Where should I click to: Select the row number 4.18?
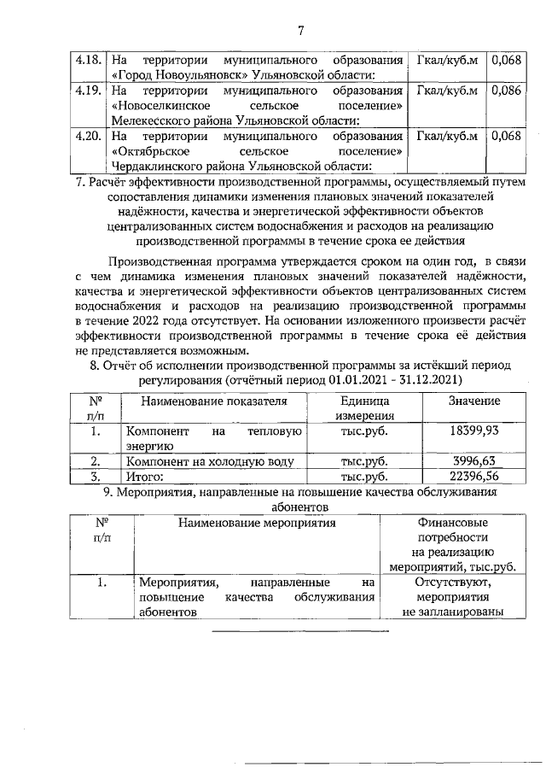(88, 61)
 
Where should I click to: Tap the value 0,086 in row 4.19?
(507, 91)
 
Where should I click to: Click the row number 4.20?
(88, 136)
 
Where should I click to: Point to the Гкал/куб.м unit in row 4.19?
(445, 91)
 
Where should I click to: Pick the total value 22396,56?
(473, 477)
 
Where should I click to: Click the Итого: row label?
(144, 477)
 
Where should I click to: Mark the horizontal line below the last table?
(299, 633)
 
